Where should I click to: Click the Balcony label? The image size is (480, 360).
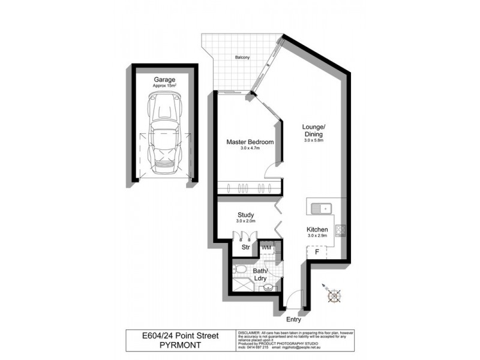coord(242,58)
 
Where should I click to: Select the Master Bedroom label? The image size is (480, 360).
coord(250,142)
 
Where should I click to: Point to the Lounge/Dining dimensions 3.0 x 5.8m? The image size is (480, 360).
coord(314,140)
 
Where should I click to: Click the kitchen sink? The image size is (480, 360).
coord(322,208)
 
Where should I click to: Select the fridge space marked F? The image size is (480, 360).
coord(316,253)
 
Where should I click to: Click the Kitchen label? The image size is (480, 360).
coord(317,229)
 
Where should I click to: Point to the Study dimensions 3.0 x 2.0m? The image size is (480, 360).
coord(245,221)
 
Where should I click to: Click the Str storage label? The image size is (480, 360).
coord(245,246)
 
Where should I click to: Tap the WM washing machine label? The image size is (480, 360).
coord(266,247)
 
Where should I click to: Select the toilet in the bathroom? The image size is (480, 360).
coord(240,271)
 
